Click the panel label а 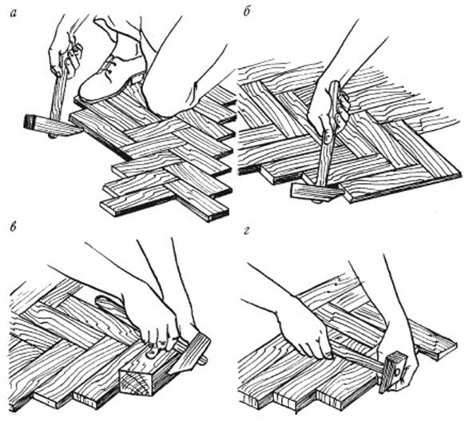[14, 14]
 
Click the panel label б [247, 13]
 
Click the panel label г [246, 231]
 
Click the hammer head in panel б [316, 193]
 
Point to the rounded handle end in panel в [105, 302]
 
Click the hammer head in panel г [391, 371]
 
